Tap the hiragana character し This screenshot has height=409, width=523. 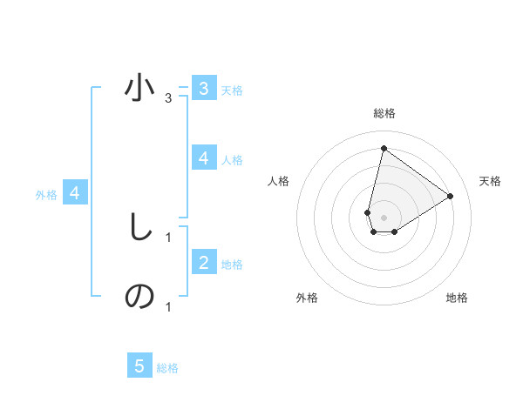[140, 227]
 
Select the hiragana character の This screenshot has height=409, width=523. [139, 297]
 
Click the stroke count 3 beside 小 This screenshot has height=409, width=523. [167, 98]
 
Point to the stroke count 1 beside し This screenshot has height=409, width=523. [167, 236]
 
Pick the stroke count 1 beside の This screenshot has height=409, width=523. [167, 306]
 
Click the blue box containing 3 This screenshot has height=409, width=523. [203, 88]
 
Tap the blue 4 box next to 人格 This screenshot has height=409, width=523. [203, 158]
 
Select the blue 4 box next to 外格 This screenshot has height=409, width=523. [75, 193]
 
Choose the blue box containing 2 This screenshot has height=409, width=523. [203, 262]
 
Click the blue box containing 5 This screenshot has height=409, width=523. [139, 365]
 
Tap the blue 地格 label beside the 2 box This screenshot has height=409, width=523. [232, 264]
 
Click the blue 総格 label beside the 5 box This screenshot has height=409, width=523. [167, 368]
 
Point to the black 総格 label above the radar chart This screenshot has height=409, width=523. [384, 113]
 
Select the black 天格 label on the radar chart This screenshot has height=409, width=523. [490, 181]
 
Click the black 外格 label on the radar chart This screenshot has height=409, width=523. [307, 298]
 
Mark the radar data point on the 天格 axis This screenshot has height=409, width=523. [450, 196]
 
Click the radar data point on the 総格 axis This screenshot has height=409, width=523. [384, 148]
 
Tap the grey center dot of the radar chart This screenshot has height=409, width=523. [384, 217]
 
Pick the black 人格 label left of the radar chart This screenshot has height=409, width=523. [279, 181]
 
